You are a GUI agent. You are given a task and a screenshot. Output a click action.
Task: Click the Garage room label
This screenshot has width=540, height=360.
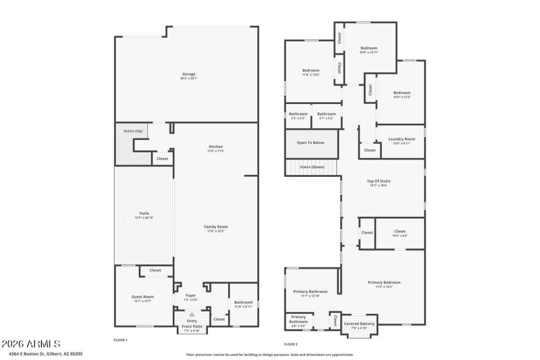coord(188,74)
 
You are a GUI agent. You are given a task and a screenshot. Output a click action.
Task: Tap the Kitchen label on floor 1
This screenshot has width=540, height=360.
coord(215,147)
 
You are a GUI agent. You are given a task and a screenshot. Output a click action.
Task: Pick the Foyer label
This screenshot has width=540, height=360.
coord(190,295)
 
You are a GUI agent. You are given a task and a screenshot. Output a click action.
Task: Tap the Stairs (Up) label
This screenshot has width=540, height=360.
coord(133,130)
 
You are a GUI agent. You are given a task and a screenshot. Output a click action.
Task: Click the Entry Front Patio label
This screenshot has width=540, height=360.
coord(191,326)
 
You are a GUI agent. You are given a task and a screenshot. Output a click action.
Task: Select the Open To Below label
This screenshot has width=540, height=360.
coord(310,143)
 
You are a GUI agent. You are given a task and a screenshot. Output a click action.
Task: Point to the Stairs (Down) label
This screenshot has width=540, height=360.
coord(312,166)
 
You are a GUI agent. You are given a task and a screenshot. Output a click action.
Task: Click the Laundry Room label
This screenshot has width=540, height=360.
coord(401,139)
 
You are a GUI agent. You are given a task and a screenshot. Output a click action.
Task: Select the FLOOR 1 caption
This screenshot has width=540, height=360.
coord(120,340)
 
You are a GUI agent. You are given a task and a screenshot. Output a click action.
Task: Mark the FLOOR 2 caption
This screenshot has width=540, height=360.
coord(292,344)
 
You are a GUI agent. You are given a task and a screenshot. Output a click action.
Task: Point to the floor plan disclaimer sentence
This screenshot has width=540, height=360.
coord(269,354)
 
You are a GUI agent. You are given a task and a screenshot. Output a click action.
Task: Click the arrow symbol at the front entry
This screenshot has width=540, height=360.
coord(192,315)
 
